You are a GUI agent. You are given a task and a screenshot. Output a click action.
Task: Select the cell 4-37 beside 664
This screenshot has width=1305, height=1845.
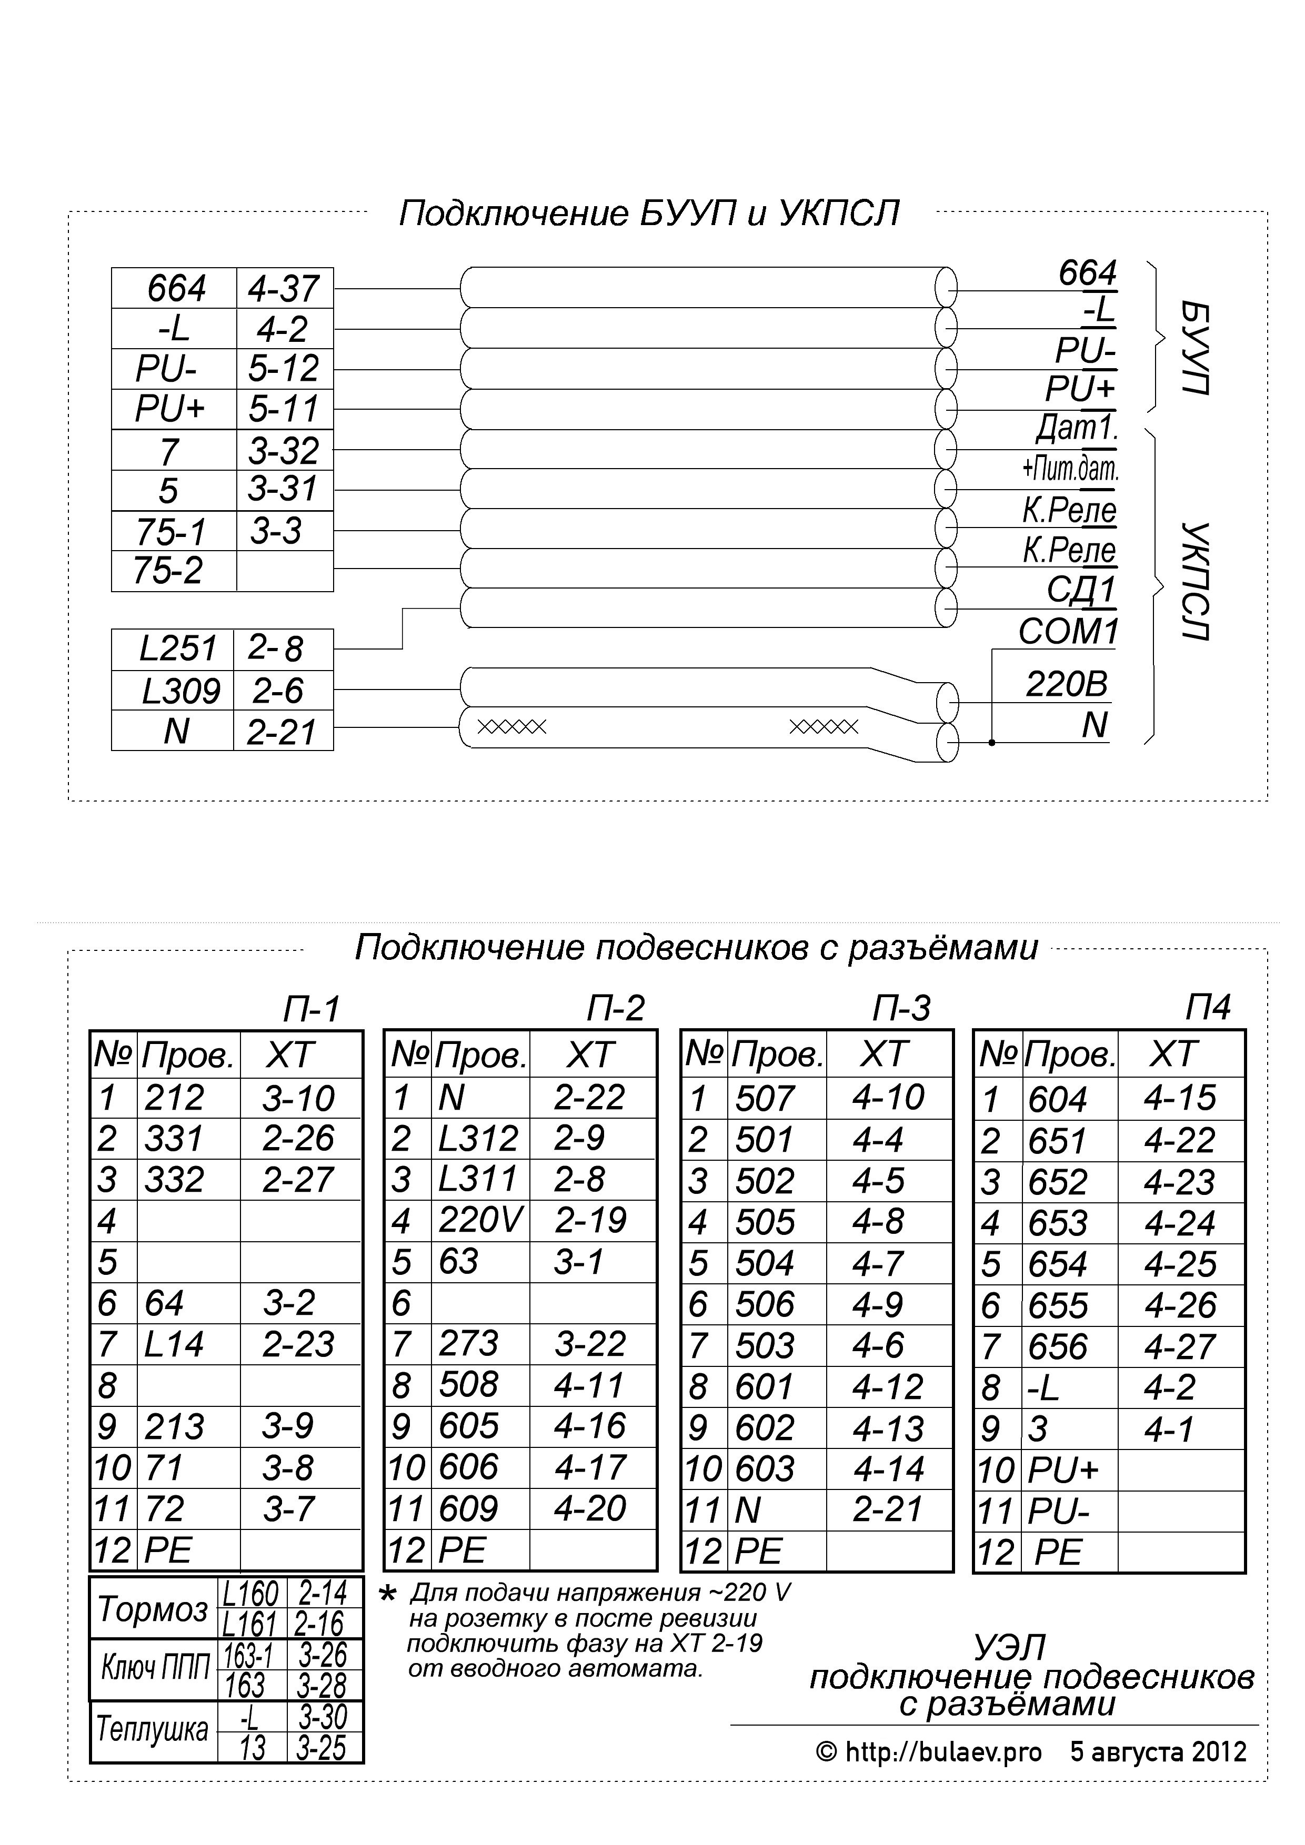tap(284, 289)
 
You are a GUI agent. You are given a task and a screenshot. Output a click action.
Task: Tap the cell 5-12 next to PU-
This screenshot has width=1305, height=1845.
tap(284, 369)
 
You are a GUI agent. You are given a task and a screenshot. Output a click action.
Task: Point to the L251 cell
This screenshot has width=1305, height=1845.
tap(178, 648)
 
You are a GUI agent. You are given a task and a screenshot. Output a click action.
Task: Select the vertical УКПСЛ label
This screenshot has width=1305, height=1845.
tap(1196, 581)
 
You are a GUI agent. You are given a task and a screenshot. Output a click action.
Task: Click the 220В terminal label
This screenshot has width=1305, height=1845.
tap(1066, 685)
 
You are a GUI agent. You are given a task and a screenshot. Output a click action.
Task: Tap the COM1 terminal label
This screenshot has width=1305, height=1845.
tap(1068, 632)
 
